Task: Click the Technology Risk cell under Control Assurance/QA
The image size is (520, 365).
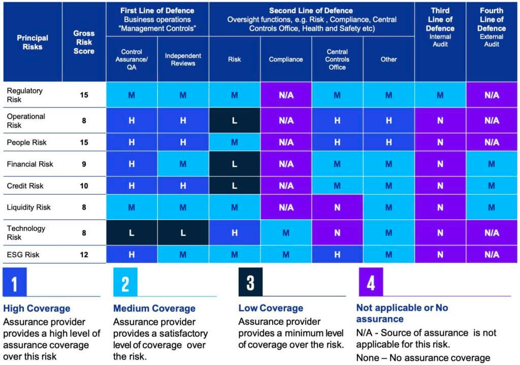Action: click(x=132, y=233)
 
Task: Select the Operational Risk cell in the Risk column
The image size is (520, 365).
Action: click(x=234, y=120)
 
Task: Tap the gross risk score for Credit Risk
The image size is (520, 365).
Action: click(x=84, y=186)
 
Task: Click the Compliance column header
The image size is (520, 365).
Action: click(x=286, y=59)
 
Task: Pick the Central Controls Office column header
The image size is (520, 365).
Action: click(x=337, y=59)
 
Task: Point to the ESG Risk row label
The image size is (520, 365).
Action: click(x=23, y=254)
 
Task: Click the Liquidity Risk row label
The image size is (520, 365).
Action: click(x=29, y=207)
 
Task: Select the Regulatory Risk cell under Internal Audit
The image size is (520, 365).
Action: click(x=440, y=95)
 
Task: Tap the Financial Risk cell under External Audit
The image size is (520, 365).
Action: click(x=492, y=164)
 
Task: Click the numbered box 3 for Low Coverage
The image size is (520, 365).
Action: click(x=250, y=282)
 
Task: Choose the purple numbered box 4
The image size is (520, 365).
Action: click(x=371, y=282)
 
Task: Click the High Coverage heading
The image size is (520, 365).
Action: click(x=37, y=308)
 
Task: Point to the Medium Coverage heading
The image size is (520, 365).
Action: click(x=154, y=308)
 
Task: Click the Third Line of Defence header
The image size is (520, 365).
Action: click(x=440, y=28)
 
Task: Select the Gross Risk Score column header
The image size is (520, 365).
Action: click(x=84, y=42)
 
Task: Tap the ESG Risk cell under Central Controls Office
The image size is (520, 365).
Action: click(x=337, y=254)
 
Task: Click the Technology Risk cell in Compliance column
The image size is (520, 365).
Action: click(x=286, y=233)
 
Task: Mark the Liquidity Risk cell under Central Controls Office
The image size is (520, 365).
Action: click(x=337, y=207)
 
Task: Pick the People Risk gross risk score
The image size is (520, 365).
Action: click(x=84, y=142)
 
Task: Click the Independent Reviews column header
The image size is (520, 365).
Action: click(x=183, y=59)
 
